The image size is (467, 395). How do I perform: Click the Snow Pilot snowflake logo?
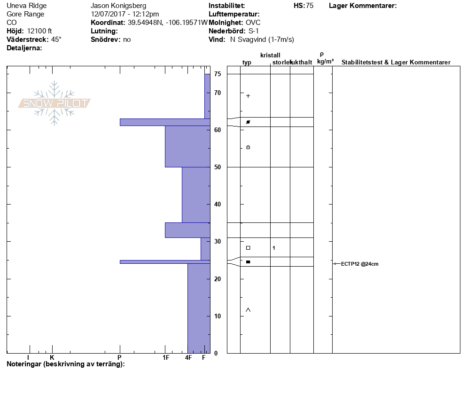point(54,103)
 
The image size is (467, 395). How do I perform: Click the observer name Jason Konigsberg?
point(118,6)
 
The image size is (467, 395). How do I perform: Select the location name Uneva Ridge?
point(26,6)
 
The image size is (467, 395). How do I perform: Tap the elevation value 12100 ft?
point(39,31)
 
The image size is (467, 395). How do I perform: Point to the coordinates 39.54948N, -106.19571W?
point(168,23)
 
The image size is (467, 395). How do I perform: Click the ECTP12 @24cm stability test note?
point(360,264)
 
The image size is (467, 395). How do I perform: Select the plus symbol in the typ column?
point(248,96)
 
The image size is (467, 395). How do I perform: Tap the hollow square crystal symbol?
point(248,248)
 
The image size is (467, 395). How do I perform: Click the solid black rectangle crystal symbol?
point(248,262)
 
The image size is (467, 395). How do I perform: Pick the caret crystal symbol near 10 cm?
point(248,310)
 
